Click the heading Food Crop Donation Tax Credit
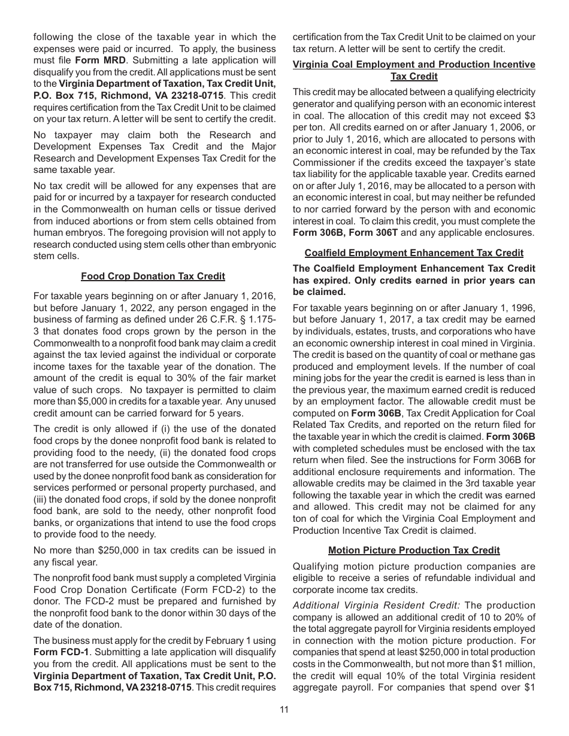point(153,276)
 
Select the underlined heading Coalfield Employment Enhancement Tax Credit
point(414,253)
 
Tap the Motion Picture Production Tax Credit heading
point(414,550)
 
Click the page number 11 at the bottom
point(284,710)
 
